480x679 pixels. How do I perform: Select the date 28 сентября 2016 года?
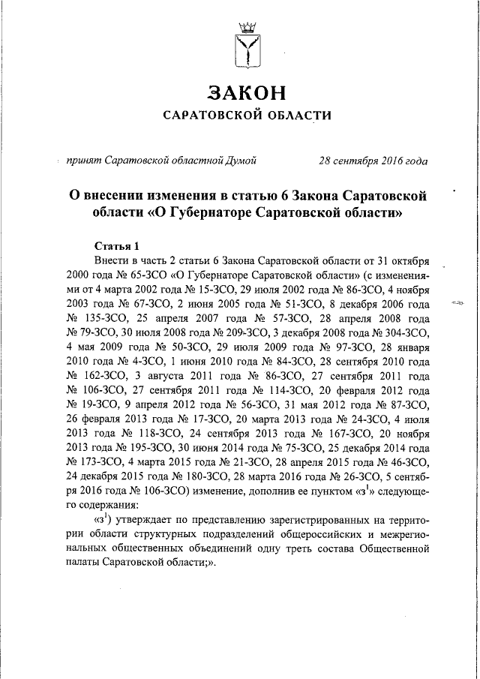(373, 160)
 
